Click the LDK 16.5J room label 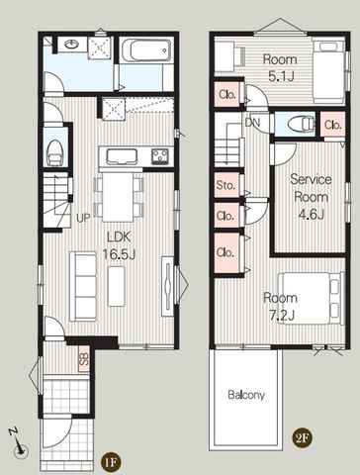coord(119,245)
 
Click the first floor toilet coord(55,152)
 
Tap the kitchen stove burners coord(160,156)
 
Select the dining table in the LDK coord(119,197)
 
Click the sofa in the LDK coord(83,286)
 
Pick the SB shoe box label coord(84,358)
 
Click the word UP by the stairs coord(83,218)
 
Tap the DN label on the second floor coord(252,123)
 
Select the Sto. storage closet coord(226,185)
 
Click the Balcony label coord(246,395)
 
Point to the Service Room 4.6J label coord(311,197)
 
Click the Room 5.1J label coord(280,68)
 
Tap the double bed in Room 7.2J coord(311,299)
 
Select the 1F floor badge coord(111,462)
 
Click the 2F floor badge coord(302,438)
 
